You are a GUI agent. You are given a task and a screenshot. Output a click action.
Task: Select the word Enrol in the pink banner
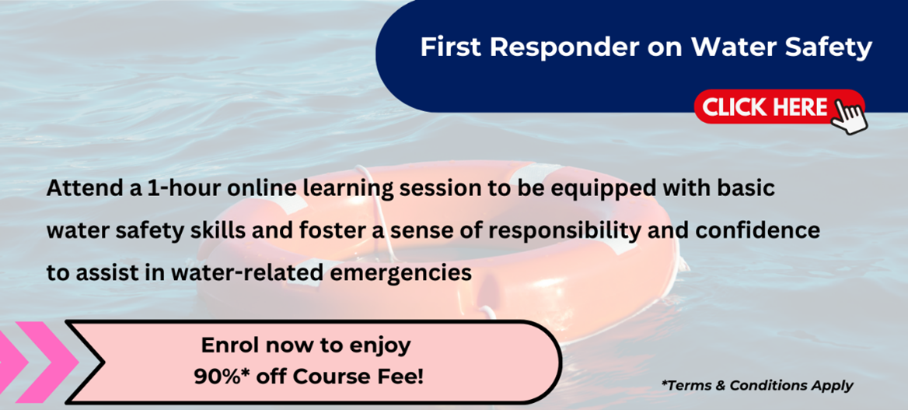[x=227, y=345]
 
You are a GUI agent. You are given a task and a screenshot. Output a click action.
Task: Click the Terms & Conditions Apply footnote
[x=757, y=386]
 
